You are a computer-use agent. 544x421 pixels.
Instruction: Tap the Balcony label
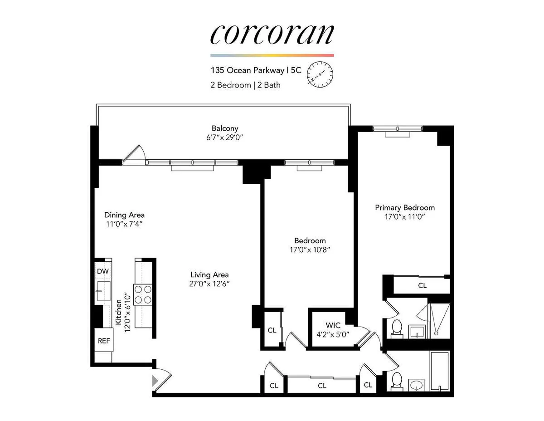click(225, 128)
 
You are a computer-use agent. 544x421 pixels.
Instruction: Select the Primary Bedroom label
click(404, 207)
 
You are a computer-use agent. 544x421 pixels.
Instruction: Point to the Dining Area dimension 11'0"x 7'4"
click(124, 224)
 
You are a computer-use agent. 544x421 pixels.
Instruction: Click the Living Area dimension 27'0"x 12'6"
click(209, 284)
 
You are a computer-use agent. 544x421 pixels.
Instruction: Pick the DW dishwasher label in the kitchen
click(102, 271)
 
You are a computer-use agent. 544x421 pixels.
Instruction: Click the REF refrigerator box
click(104, 341)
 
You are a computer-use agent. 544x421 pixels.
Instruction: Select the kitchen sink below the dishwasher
click(103, 291)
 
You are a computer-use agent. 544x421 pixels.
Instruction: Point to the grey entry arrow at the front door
click(155, 380)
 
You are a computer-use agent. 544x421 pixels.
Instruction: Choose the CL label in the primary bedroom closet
click(422, 286)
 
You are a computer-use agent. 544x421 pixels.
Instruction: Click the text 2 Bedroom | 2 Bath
click(245, 85)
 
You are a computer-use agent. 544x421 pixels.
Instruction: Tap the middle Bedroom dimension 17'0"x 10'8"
click(310, 250)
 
